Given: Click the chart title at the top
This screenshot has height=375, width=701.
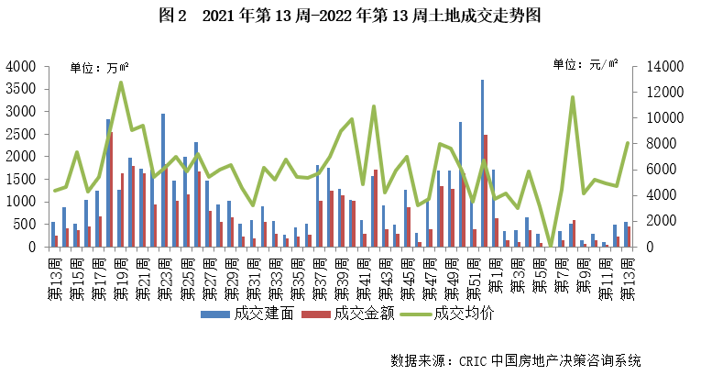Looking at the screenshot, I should point(350,17).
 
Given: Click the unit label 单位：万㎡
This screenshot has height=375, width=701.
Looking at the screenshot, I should point(98,67).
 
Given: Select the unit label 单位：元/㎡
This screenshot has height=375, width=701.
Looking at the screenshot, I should point(584,65).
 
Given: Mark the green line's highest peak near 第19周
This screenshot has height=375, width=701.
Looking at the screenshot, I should point(121,83).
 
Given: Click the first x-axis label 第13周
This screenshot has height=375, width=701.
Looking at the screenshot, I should point(54,274).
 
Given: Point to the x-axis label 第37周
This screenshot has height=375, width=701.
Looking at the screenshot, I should point(318,274).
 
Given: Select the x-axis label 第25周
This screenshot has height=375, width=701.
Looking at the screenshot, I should point(186,274).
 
